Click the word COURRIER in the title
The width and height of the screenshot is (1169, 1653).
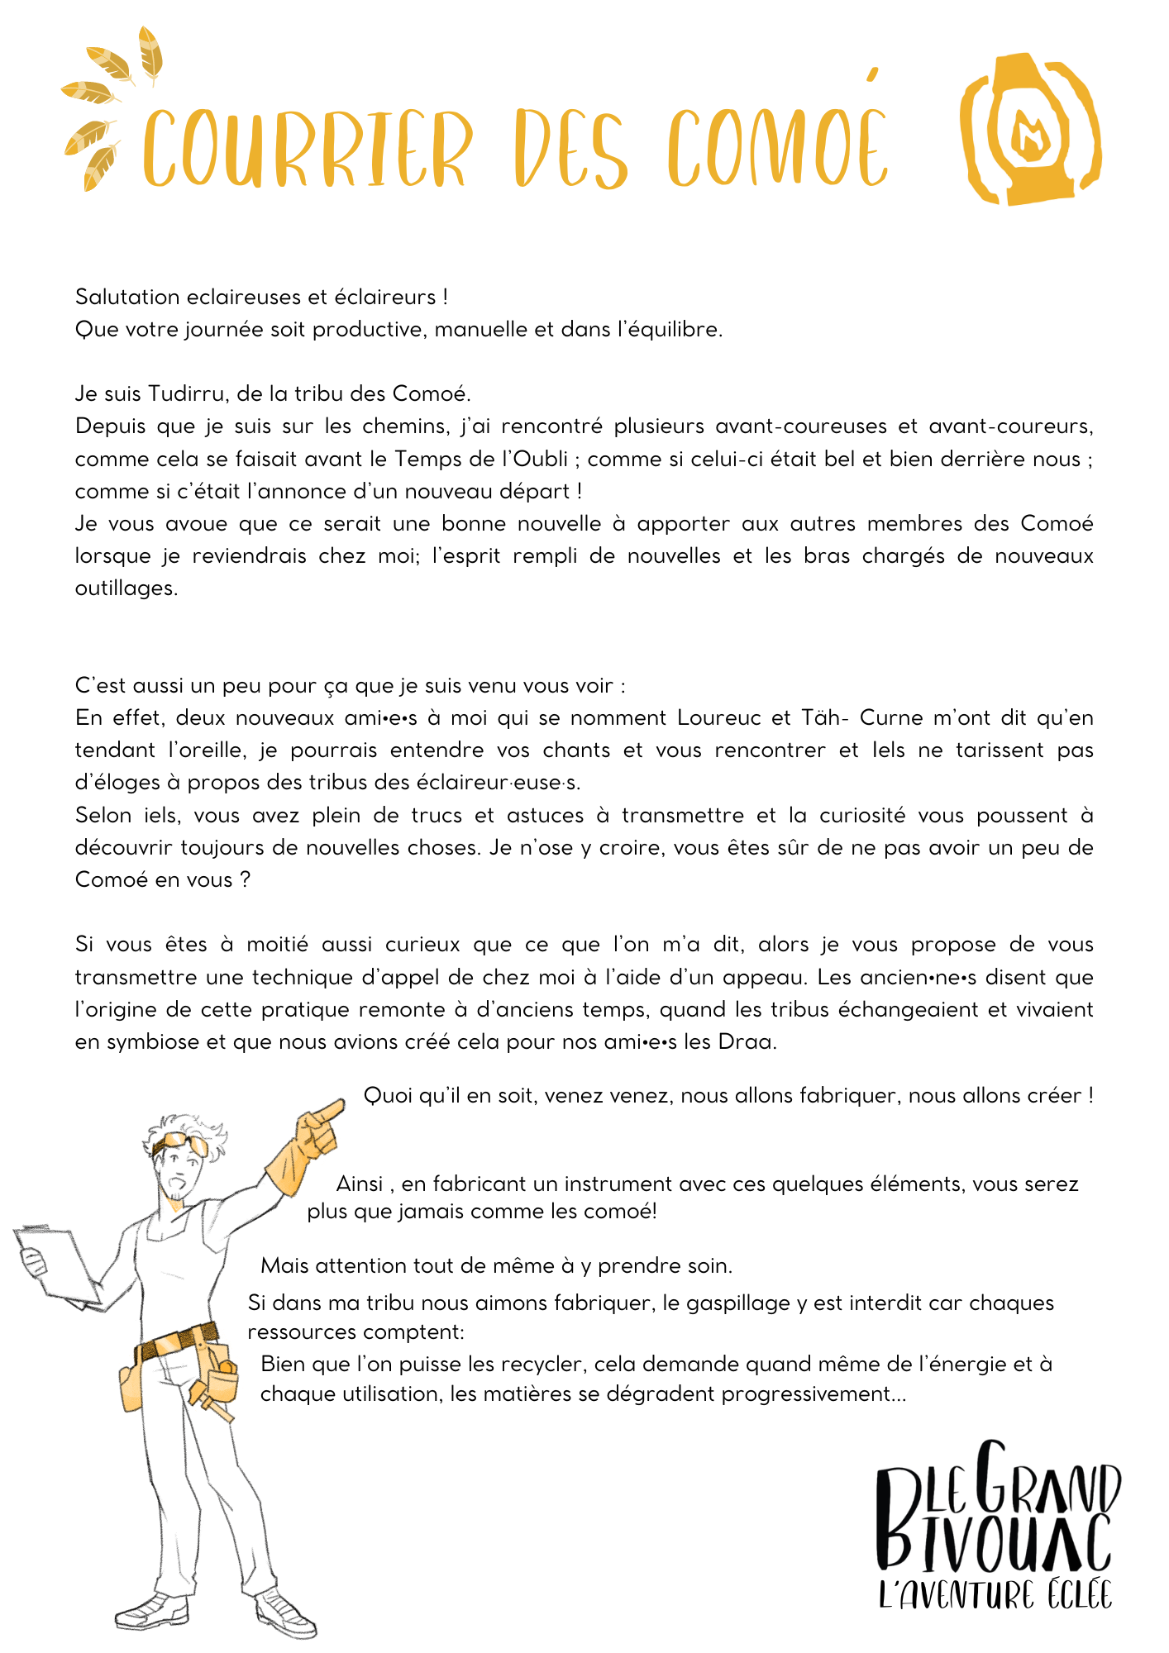pos(308,149)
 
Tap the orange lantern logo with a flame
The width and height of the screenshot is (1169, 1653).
pos(1031,130)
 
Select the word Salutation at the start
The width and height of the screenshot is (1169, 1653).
pos(127,297)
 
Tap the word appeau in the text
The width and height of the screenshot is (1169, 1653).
pos(764,977)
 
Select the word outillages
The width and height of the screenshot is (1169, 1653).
pos(126,588)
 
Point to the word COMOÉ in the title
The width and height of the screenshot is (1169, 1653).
pos(777,149)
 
